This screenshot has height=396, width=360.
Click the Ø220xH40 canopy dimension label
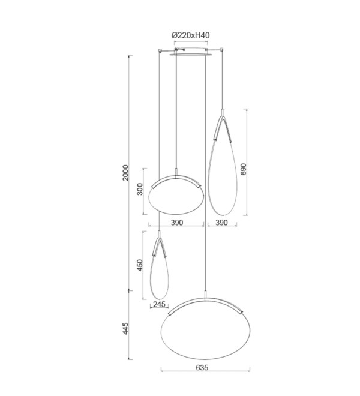(190, 35)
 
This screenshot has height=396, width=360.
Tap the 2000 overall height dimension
(125, 173)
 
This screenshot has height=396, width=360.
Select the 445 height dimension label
(125, 328)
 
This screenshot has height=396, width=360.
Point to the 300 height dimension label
(140, 189)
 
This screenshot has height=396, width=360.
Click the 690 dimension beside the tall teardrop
(243, 169)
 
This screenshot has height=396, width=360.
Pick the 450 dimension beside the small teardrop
(140, 265)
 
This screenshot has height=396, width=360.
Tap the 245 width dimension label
(159, 304)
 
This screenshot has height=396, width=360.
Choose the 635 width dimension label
(202, 367)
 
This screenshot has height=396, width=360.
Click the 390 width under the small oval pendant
(177, 223)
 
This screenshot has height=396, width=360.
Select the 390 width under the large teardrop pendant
(221, 223)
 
